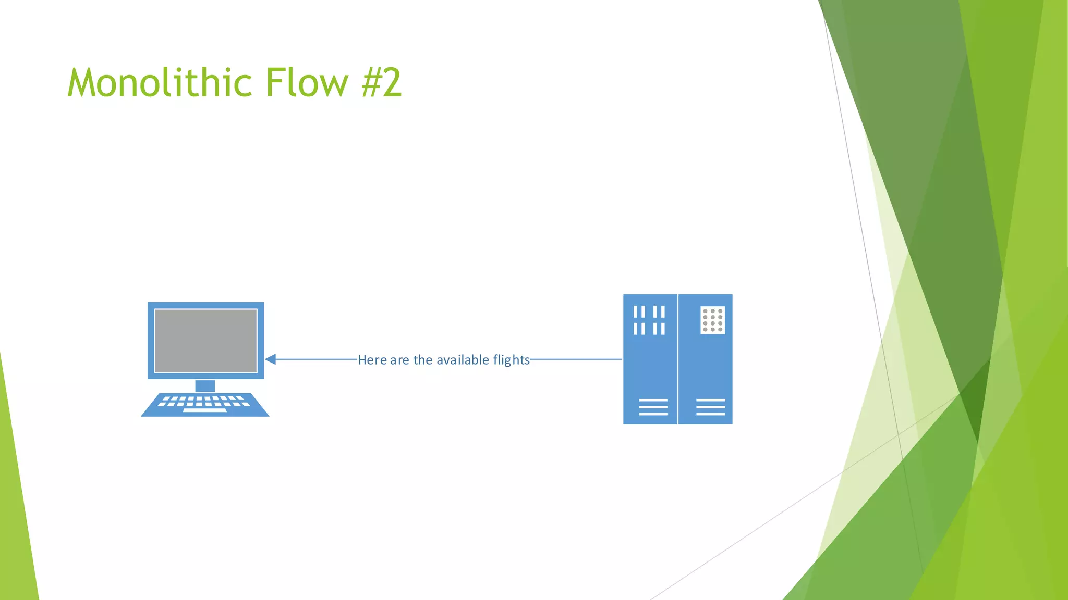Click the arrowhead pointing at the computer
[x=270, y=359]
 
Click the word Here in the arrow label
[x=372, y=360]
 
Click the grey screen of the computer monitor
[x=205, y=341]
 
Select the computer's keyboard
[x=205, y=404]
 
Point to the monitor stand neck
[x=205, y=386]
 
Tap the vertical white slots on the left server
[x=649, y=320]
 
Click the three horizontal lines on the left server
[x=653, y=407]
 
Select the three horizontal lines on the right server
[x=710, y=407]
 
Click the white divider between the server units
[x=678, y=359]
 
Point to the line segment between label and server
[x=576, y=359]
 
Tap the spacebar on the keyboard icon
[x=205, y=410]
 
